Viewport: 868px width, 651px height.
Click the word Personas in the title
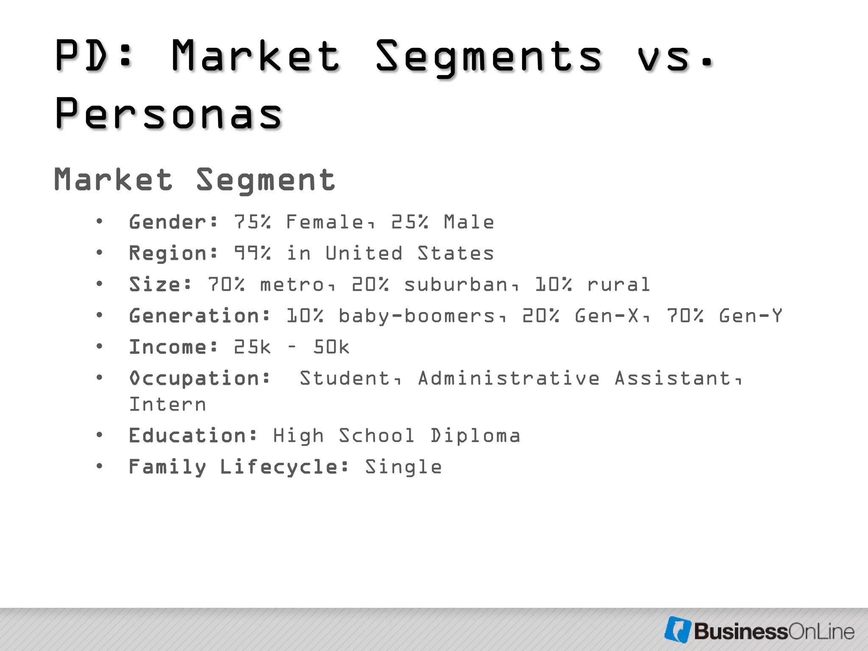[x=169, y=114]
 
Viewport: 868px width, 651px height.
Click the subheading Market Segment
[x=195, y=180]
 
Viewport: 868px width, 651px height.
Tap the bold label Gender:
[x=173, y=222]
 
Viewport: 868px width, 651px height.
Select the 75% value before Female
[x=252, y=222]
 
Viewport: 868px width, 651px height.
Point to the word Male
[x=469, y=222]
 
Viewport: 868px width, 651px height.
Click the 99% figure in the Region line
[x=252, y=253]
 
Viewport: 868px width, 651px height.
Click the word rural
[x=618, y=284]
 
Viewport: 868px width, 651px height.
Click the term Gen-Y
[x=750, y=316]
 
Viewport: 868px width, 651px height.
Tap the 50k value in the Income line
[x=331, y=347]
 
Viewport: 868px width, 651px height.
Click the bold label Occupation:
[x=200, y=378]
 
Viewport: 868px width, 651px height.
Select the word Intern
[x=167, y=404]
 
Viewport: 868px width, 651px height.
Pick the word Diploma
[x=475, y=436]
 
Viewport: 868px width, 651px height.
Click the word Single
[x=403, y=467]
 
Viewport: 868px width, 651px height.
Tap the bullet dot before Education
[x=99, y=435]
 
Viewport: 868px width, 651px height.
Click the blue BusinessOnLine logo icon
[x=678, y=629]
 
